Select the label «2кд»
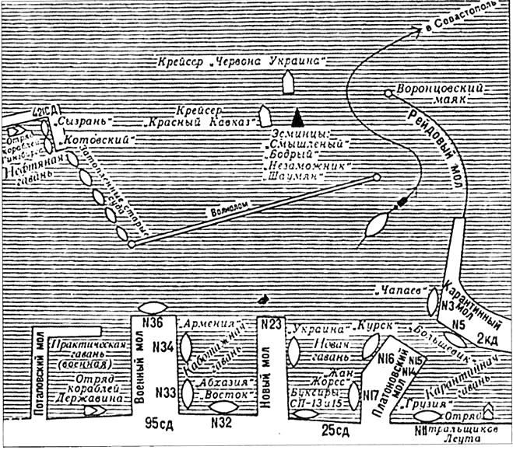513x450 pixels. coord(488,340)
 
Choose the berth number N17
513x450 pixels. coord(371,396)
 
